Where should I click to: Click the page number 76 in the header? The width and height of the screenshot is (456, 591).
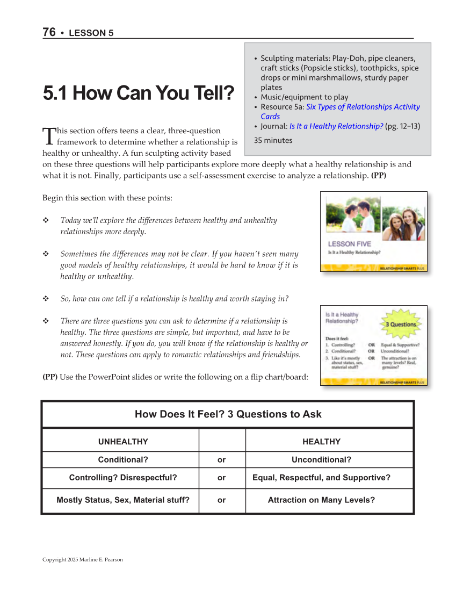(x=49, y=32)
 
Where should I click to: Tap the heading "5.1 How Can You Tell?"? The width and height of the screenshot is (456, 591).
(x=139, y=93)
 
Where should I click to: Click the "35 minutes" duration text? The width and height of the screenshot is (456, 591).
(x=273, y=140)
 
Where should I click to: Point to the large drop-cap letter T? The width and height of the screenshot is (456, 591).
(x=48, y=136)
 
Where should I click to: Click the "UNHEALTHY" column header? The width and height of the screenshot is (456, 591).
(x=123, y=442)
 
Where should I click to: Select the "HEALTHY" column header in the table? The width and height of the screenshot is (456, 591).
(x=321, y=442)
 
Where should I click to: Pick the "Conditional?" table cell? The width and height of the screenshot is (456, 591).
(x=123, y=460)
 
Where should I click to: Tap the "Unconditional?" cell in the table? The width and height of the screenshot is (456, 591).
(x=321, y=460)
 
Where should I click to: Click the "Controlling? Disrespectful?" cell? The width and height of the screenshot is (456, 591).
(x=123, y=478)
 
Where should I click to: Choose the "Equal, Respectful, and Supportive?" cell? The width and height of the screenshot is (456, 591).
(x=321, y=478)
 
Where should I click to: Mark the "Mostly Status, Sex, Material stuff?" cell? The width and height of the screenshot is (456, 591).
(x=123, y=500)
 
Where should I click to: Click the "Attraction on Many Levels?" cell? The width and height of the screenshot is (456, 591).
(x=321, y=500)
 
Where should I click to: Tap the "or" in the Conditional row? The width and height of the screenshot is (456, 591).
(x=221, y=460)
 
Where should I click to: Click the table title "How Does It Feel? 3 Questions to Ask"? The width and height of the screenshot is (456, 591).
(x=228, y=414)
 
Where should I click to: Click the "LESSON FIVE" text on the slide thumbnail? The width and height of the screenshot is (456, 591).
(x=349, y=244)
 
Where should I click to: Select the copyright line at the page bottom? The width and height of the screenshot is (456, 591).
(x=83, y=560)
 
